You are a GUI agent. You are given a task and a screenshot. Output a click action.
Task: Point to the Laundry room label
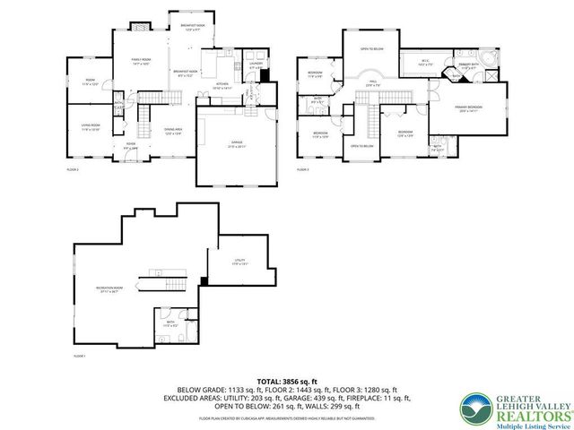point(255,65)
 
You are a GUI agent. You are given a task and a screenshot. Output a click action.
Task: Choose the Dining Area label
point(173,132)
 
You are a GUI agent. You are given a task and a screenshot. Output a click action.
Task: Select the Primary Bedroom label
point(470,109)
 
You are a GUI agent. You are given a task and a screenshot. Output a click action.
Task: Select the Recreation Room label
point(109,288)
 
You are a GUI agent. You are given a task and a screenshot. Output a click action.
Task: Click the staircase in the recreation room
point(161,281)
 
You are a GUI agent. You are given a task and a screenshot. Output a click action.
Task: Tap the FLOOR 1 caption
point(79,357)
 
